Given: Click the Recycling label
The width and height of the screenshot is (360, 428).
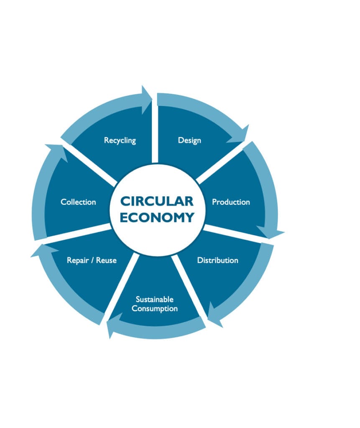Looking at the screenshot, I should pyautogui.click(x=120, y=140).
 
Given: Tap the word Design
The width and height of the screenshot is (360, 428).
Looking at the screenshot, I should pyautogui.click(x=189, y=140).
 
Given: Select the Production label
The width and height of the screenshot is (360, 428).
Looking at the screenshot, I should pyautogui.click(x=231, y=202).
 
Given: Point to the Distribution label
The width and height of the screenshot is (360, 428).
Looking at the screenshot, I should pyautogui.click(x=217, y=260).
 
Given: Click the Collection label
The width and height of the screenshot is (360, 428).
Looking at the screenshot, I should pyautogui.click(x=78, y=202).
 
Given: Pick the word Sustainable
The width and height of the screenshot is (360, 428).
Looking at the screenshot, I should pyautogui.click(x=154, y=300).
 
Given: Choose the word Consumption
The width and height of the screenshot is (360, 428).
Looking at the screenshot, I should pyautogui.click(x=154, y=309).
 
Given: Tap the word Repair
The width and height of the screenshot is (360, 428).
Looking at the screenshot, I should pyautogui.click(x=78, y=260).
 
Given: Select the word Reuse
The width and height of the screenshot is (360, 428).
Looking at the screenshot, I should pyautogui.click(x=106, y=260).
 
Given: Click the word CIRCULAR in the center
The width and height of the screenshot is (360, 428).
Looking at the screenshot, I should pyautogui.click(x=157, y=201).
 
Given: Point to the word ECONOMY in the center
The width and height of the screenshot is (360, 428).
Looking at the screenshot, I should pyautogui.click(x=157, y=217).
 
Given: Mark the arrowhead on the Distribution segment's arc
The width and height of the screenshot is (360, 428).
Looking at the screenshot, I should pyautogui.click(x=216, y=316).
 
